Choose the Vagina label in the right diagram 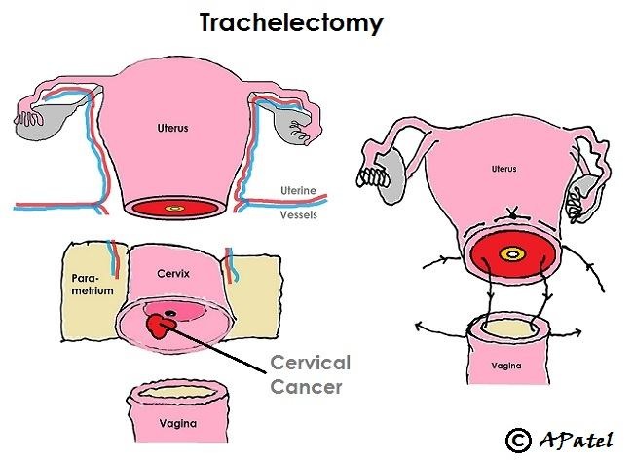504,366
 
